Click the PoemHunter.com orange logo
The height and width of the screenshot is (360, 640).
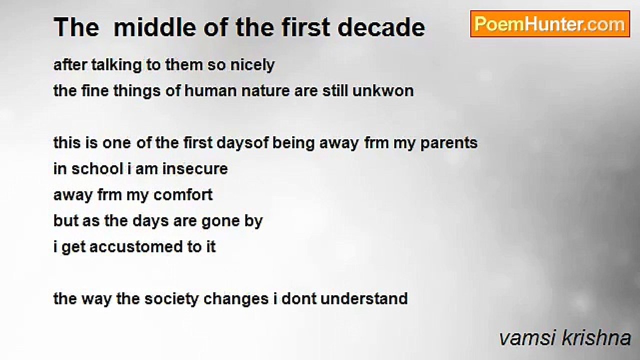coord(550,24)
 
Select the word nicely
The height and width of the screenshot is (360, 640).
coord(252,65)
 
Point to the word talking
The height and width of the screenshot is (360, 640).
coord(116,65)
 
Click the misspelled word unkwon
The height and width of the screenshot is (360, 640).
coord(383,91)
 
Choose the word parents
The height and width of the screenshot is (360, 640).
coord(449,143)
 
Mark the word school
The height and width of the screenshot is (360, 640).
coord(97,169)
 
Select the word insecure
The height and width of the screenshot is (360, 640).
coord(195,169)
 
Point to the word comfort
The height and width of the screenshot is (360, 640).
coord(183,195)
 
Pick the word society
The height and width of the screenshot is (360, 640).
coord(171,299)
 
